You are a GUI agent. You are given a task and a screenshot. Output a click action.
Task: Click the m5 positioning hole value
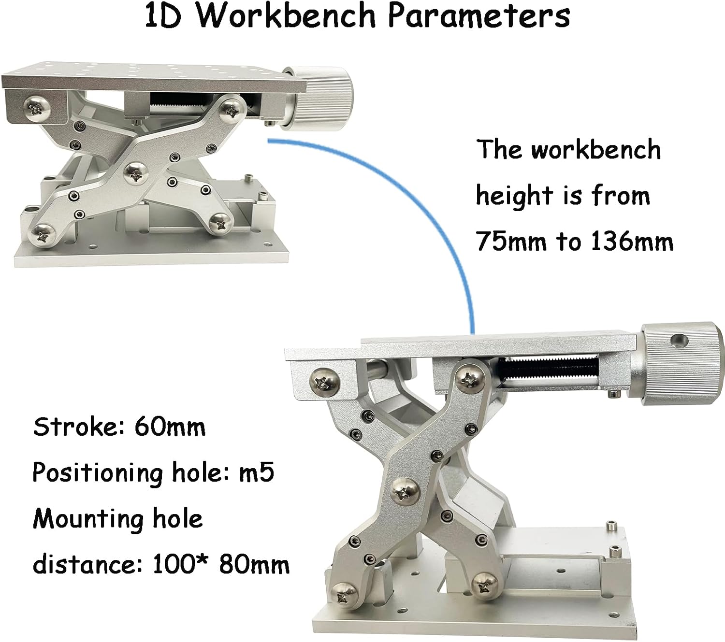point(256,472)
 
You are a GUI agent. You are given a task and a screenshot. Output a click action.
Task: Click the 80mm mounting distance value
point(254,564)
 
